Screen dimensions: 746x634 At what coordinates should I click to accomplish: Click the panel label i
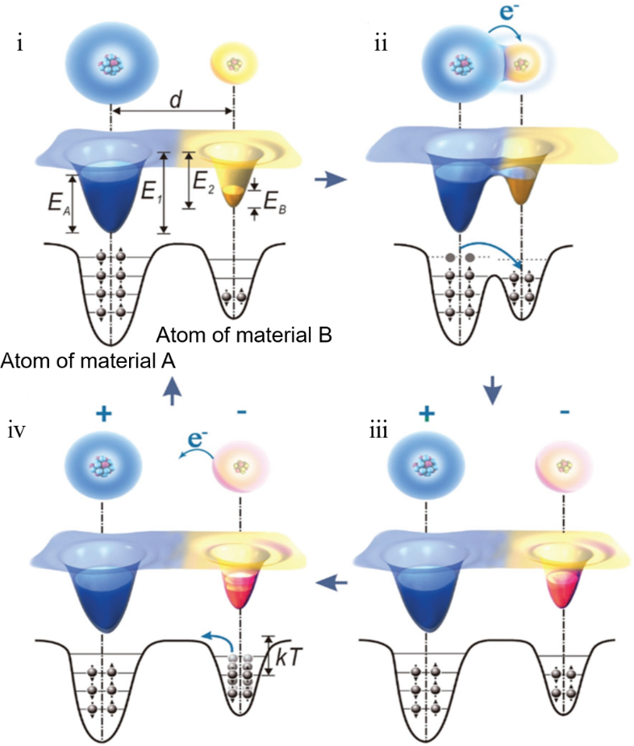(19, 43)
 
